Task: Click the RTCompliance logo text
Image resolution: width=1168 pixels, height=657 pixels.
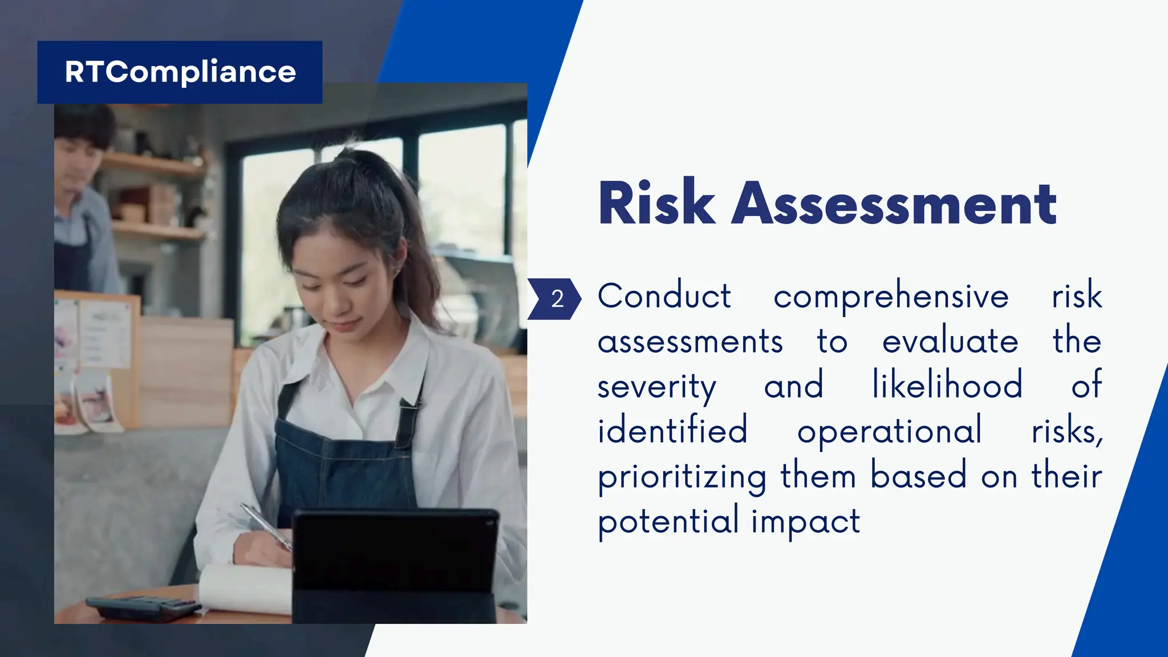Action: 180,72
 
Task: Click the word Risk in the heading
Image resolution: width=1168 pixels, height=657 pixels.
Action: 656,203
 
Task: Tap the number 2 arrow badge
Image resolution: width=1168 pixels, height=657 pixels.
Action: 554,299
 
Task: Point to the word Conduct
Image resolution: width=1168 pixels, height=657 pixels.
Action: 664,296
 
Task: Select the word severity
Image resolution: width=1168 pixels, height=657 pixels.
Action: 656,387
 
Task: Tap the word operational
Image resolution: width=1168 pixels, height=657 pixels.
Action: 889,431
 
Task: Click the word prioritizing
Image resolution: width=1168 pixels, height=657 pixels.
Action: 682,477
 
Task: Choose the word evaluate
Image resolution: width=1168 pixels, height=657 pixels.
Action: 950,341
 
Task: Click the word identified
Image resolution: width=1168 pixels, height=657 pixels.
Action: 672,430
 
